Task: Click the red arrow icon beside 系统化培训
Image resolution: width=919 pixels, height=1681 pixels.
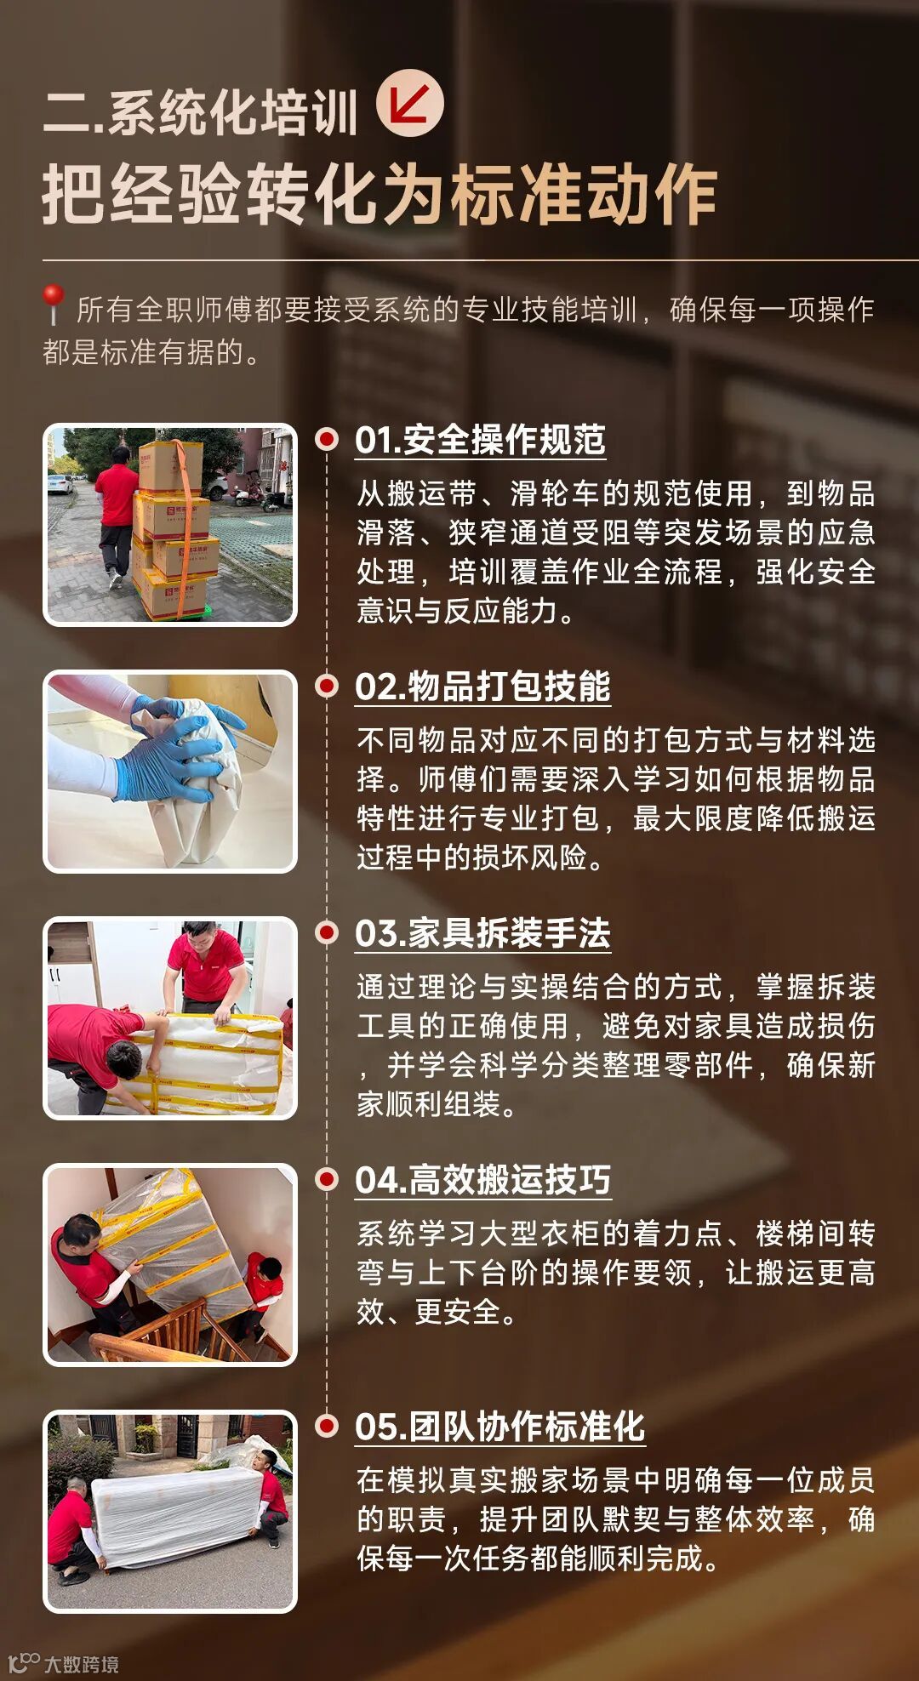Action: (x=410, y=103)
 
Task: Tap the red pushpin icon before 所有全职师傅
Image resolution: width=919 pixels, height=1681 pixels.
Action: (x=53, y=304)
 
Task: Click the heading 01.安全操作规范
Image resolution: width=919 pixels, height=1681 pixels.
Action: (x=480, y=440)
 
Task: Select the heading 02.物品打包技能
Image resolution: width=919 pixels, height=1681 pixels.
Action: (x=482, y=687)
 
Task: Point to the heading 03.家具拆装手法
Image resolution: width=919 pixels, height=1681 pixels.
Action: (x=482, y=933)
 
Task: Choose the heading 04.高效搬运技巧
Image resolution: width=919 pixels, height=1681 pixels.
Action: (x=482, y=1180)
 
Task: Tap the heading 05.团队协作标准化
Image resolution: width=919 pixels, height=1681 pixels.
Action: (x=500, y=1427)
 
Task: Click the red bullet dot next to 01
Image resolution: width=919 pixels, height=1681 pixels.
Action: (x=327, y=439)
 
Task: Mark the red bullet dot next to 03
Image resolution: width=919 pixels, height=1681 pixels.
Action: (x=327, y=932)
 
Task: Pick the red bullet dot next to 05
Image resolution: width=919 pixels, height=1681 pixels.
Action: (x=327, y=1426)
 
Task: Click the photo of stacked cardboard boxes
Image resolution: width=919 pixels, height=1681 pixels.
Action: (x=170, y=525)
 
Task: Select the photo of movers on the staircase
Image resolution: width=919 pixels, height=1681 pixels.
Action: (x=170, y=1265)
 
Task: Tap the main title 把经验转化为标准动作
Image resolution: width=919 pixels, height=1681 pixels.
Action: (x=380, y=195)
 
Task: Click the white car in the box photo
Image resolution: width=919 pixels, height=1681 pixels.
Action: (x=59, y=485)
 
